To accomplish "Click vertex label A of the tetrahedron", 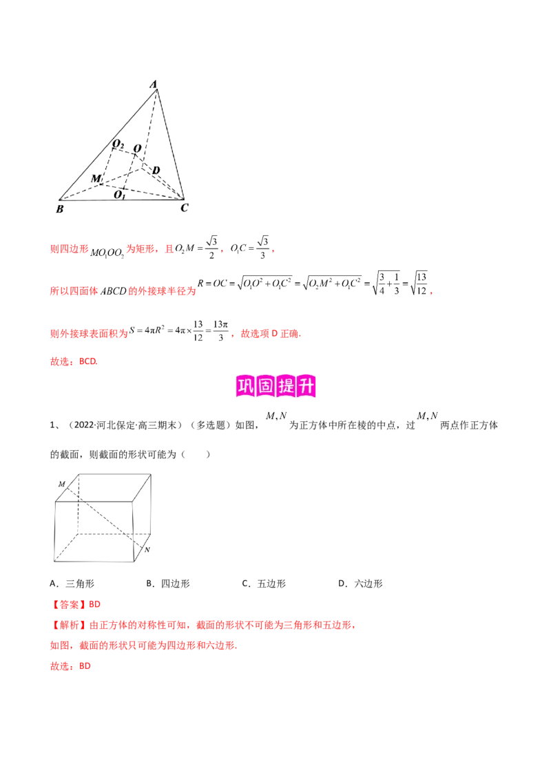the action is tap(154, 84).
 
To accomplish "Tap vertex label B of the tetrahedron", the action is tap(60, 209).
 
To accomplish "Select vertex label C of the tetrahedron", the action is tap(185, 207).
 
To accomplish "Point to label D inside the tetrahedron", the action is tap(156, 170).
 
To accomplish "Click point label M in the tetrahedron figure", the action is tap(96, 178).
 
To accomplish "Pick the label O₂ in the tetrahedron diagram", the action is tap(118, 144).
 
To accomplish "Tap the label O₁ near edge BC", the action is tap(119, 195).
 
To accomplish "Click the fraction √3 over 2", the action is tap(211, 248).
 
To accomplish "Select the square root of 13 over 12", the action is tap(419, 284).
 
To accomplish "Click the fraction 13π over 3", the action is tap(220, 330).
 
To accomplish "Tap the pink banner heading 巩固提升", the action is tap(275, 386).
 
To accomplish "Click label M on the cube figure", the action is tap(62, 484).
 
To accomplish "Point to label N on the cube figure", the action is tap(147, 549).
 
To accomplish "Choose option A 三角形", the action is tap(72, 584).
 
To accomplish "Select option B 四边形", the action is tap(168, 584).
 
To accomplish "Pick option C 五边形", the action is tap(264, 584).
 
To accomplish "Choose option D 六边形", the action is tap(360, 584).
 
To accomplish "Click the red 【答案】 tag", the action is tap(69, 605).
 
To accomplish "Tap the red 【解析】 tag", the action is tap(69, 625).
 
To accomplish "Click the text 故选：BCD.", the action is tap(74, 362).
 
